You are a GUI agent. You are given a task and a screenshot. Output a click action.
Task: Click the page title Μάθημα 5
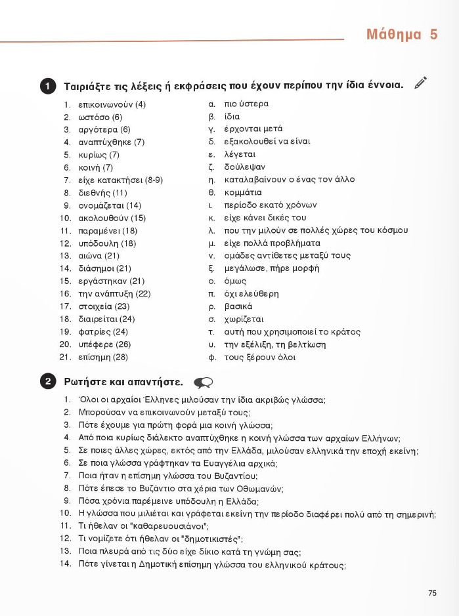click(x=402, y=34)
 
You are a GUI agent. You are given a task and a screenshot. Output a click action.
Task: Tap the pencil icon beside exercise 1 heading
click(x=421, y=83)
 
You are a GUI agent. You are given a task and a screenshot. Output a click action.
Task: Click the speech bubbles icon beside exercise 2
click(x=203, y=382)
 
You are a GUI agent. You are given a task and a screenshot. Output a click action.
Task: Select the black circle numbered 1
click(x=48, y=86)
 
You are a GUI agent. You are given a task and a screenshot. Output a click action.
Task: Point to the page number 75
click(x=432, y=593)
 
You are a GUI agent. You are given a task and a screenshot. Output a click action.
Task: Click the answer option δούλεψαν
click(x=245, y=167)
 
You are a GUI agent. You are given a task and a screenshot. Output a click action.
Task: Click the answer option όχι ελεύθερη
click(x=251, y=294)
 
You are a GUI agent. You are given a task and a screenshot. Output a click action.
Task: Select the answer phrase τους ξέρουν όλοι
click(x=260, y=358)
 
